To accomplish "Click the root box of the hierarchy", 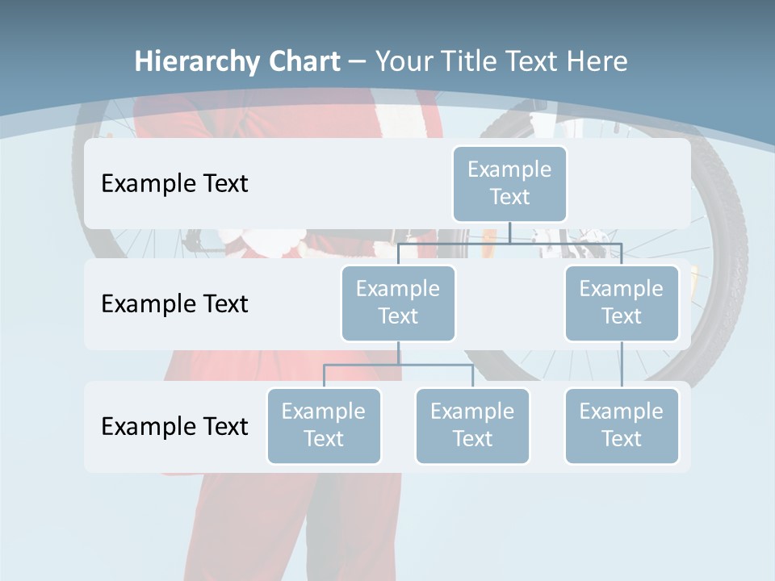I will tap(509, 183).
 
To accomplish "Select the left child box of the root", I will tap(398, 303).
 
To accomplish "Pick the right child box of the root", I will tap(622, 303).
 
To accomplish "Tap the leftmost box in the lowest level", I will tap(324, 425).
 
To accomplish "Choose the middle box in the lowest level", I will tap(472, 425).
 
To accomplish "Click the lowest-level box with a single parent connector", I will tap(622, 425).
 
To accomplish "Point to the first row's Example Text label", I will tap(174, 184).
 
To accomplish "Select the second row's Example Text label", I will tap(174, 304).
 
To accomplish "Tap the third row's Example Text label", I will tap(174, 426).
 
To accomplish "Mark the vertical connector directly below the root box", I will tap(509, 232).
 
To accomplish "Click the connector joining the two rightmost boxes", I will tap(622, 365).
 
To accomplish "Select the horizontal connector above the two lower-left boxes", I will tap(398, 365).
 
